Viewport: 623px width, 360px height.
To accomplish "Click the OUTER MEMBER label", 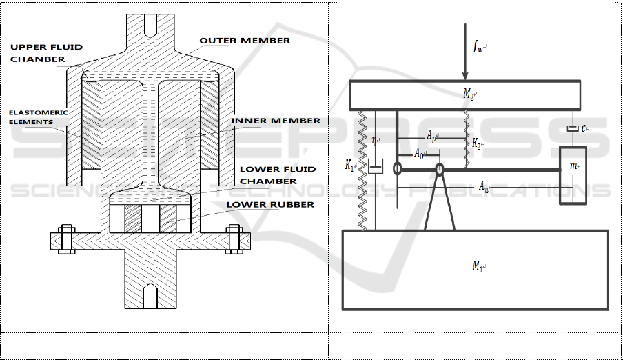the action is pyautogui.click(x=245, y=41).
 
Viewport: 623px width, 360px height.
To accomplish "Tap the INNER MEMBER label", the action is pyautogui.click(x=276, y=121).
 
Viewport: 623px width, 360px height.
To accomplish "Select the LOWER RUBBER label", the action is pyautogui.click(x=270, y=205).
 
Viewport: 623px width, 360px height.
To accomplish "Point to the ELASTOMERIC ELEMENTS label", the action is pyautogui.click(x=38, y=117).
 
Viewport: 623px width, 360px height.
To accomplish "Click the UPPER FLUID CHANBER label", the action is pyautogui.click(x=46, y=53).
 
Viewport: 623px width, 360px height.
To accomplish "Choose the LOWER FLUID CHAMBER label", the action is pyautogui.click(x=278, y=175).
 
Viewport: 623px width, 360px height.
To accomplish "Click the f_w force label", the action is pyautogui.click(x=479, y=47).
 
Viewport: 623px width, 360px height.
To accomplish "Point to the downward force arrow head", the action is pyautogui.click(x=465, y=76).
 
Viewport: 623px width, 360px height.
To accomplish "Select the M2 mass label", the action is pyautogui.click(x=469, y=94).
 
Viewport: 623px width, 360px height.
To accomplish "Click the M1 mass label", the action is pyautogui.click(x=478, y=266).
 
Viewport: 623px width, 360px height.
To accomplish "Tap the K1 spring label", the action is pyautogui.click(x=350, y=165).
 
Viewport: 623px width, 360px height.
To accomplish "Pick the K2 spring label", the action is pyautogui.click(x=477, y=143).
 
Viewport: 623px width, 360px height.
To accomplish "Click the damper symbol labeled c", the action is pyautogui.click(x=573, y=128).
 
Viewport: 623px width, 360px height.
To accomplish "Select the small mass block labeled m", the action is pyautogui.click(x=573, y=175).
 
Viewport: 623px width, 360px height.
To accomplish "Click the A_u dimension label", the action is pyautogui.click(x=484, y=186).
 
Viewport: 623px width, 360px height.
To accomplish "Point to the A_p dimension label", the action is pyautogui.click(x=432, y=136).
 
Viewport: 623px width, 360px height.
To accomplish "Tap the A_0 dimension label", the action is pyautogui.click(x=420, y=152).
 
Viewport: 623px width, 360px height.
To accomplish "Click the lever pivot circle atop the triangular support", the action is pyautogui.click(x=440, y=170).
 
